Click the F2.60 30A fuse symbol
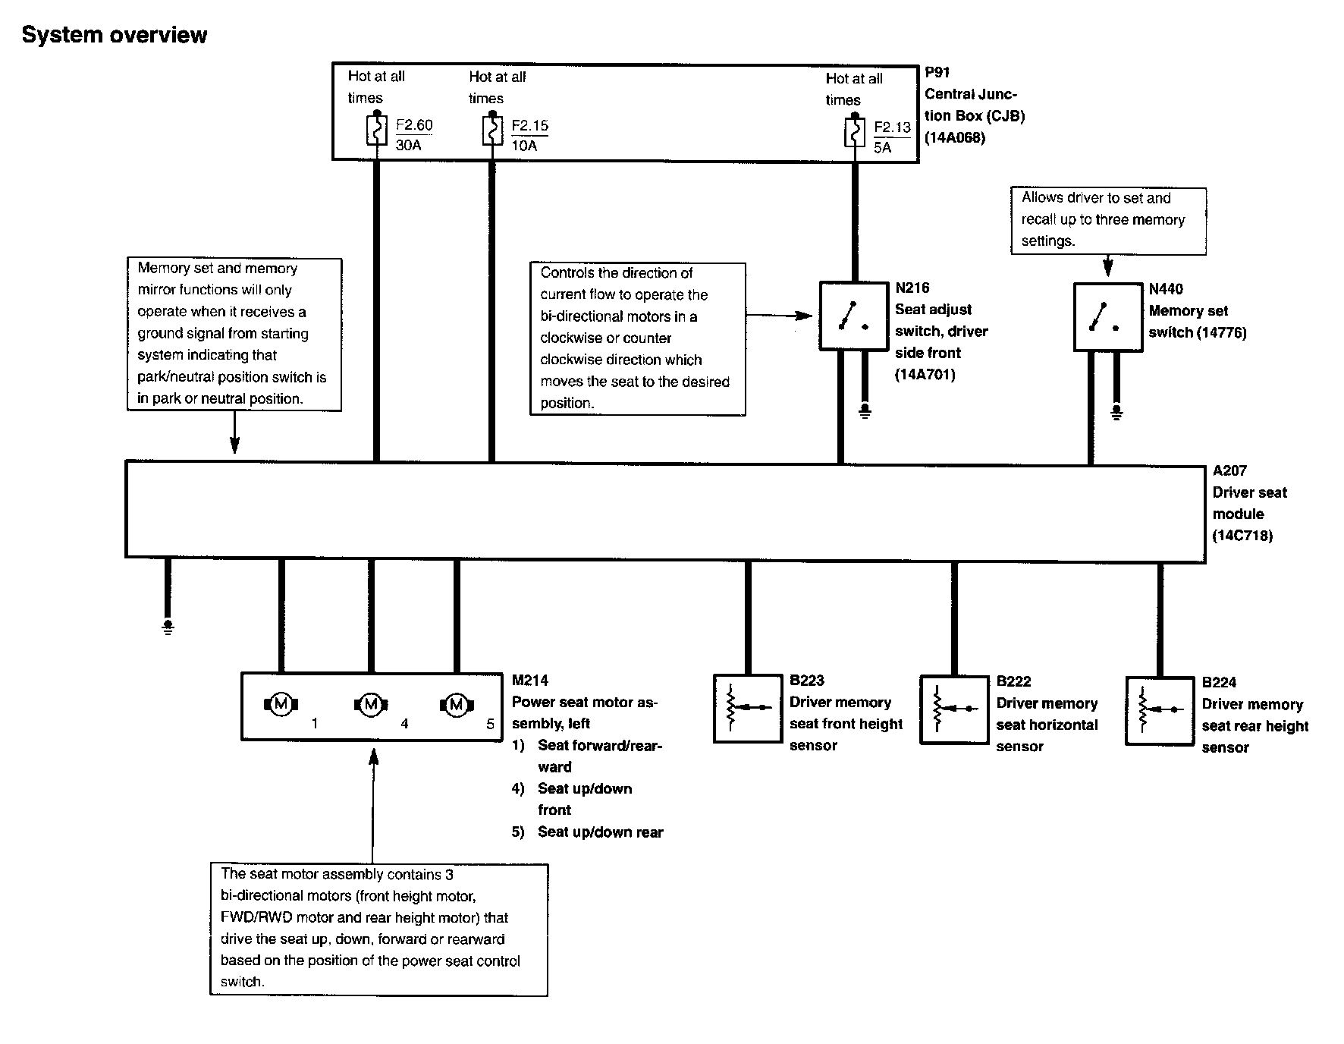tap(377, 130)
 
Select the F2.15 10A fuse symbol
tap(492, 130)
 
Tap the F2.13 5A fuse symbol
tap(855, 134)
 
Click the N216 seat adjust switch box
tap(854, 316)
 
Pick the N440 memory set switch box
tap(1108, 317)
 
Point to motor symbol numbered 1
tap(281, 704)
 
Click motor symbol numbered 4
tap(371, 705)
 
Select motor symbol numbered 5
tap(457, 705)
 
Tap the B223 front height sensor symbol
tap(748, 708)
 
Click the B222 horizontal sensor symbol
tap(954, 709)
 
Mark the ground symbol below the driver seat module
tap(168, 627)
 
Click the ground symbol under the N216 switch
tap(865, 411)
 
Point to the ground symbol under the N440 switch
tap(1116, 412)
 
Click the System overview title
tap(115, 35)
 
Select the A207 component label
tap(1229, 470)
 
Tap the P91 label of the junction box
tap(937, 73)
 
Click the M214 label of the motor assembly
tap(529, 681)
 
